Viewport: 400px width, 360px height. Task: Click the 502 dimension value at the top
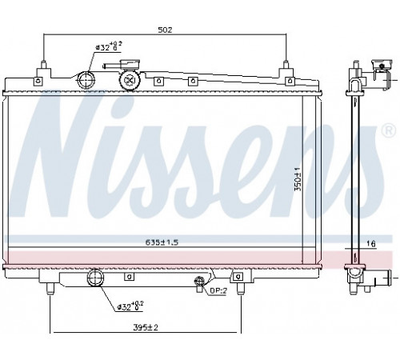[x=165, y=30]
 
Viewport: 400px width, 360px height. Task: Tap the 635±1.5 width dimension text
[x=162, y=242]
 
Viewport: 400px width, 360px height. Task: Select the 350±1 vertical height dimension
[x=298, y=179]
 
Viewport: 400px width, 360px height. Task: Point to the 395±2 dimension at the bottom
[x=146, y=327]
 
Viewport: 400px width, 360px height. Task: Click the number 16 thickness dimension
[x=370, y=243]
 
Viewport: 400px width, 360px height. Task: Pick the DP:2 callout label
[x=218, y=291]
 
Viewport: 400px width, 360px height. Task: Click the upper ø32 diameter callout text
[x=109, y=46]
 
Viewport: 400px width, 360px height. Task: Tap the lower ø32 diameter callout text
[x=130, y=306]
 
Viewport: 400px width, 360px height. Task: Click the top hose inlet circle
[x=86, y=80]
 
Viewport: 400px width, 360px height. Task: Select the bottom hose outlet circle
[x=95, y=278]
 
